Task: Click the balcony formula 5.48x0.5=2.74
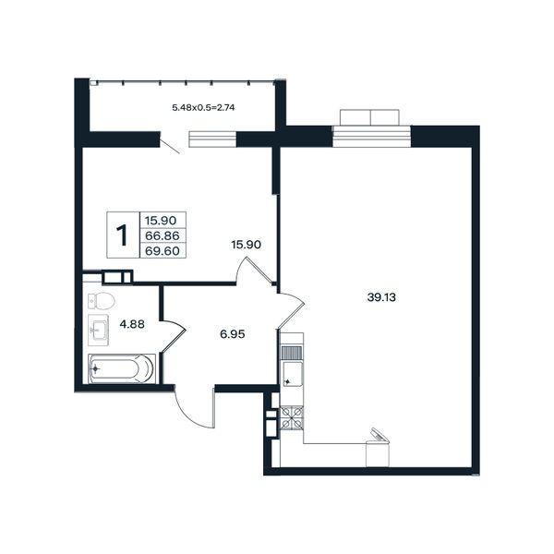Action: point(203,107)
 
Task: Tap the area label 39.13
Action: point(381,297)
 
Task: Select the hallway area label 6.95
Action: point(232,334)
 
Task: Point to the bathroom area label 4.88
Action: point(132,324)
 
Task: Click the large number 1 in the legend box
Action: point(122,235)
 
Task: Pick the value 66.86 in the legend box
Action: point(163,235)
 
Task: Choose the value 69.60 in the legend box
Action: point(163,251)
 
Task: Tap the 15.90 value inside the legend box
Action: point(161,221)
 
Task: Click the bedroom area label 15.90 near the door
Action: point(246,245)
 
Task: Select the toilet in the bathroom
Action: point(102,302)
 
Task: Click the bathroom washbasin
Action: point(98,330)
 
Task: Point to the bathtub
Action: point(122,368)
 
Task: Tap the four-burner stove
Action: point(292,418)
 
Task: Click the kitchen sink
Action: point(292,374)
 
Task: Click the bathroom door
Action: point(175,336)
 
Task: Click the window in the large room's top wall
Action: point(372,137)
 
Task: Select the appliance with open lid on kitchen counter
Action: point(378,448)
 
